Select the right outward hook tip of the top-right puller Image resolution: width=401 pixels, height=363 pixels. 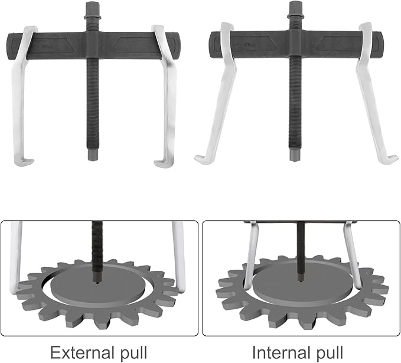(395, 160)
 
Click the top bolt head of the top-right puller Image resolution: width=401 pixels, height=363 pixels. (294, 8)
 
